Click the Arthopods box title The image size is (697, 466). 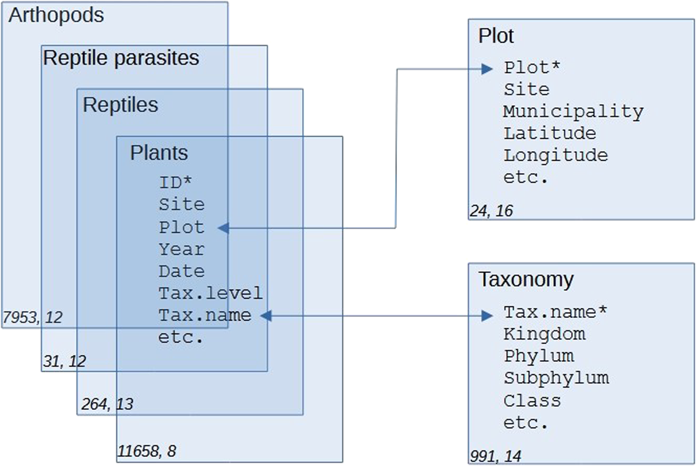tap(56, 15)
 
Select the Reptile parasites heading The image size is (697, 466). tap(121, 58)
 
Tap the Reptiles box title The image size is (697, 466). tap(120, 105)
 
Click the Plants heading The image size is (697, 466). tap(159, 153)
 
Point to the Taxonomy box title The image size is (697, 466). tap(526, 279)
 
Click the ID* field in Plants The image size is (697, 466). tap(175, 182)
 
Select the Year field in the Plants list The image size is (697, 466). tap(181, 249)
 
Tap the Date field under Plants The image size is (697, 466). tap(181, 271)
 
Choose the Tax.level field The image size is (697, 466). tap(210, 293)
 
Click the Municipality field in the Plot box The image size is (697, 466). tap(573, 111)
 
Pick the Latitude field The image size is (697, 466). tap(549, 134)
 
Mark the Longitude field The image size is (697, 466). tap(556, 155)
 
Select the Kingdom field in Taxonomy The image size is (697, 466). tap(544, 334)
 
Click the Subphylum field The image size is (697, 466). tap(556, 378)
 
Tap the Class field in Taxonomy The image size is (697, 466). tap(532, 401)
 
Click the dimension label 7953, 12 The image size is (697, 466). tap(33, 317)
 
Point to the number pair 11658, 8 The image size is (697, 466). tap(147, 451)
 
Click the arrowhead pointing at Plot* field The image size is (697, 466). tap(486, 69)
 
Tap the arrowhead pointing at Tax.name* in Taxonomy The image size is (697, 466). tap(486, 315)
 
